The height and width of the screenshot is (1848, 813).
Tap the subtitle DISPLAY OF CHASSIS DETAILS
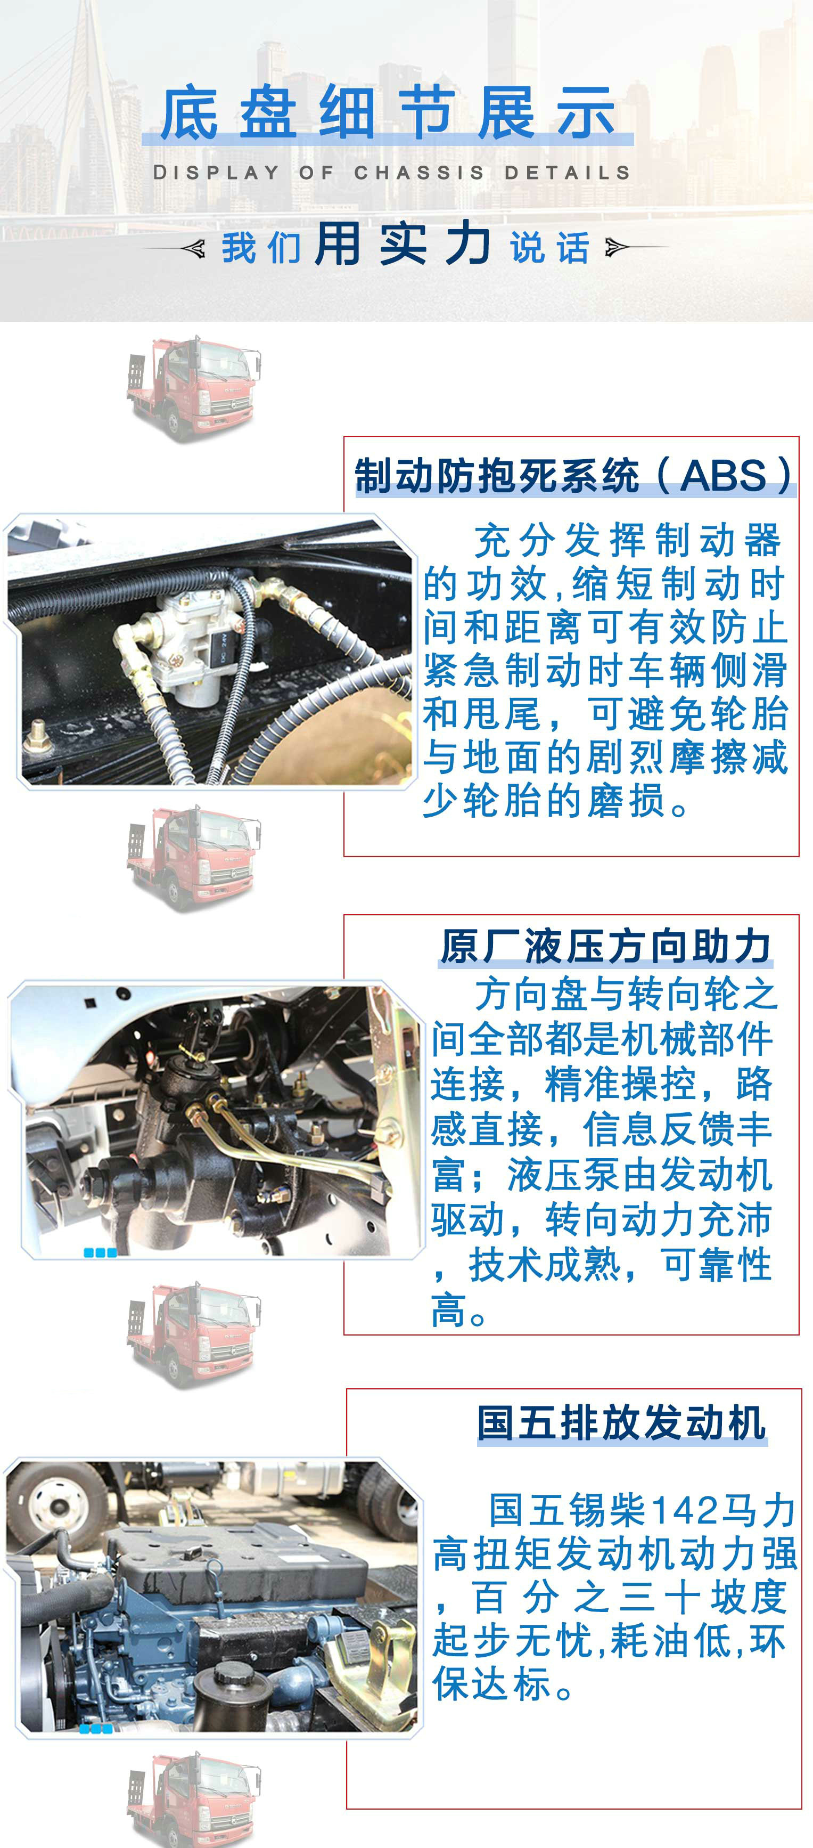[x=391, y=173]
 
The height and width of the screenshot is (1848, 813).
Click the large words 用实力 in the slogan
[x=403, y=244]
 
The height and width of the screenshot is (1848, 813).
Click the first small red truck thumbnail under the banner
[x=194, y=388]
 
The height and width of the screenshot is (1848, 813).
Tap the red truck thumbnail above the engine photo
[x=194, y=1335]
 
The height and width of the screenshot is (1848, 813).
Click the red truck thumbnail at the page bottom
[x=194, y=1800]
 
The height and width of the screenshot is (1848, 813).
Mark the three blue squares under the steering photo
[x=101, y=1252]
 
